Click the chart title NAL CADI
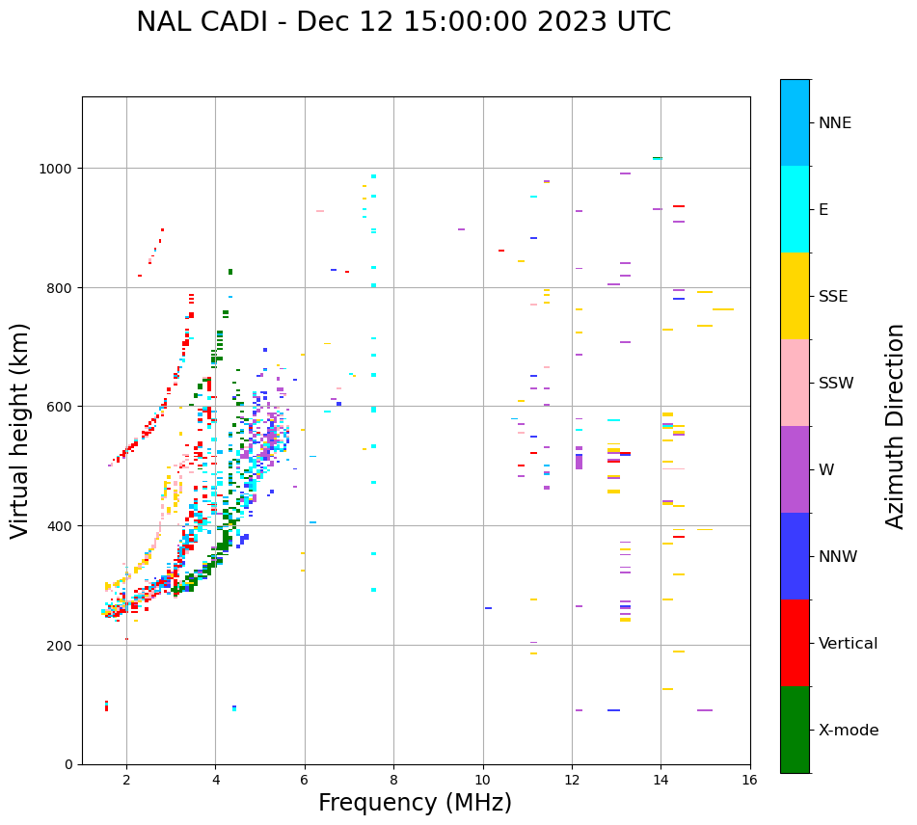coord(203,22)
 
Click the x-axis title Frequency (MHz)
coord(415,803)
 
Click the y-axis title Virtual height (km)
coord(20,430)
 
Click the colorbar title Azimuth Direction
coord(896,426)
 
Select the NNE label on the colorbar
coord(835,123)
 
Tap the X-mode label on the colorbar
coord(849,731)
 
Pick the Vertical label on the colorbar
coord(849,644)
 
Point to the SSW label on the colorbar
coord(836,384)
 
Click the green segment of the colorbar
coord(795,730)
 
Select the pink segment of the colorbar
coord(795,383)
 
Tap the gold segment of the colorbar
coord(795,296)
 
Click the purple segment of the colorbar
coord(795,469)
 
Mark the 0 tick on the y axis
coord(69,764)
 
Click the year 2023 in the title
coord(571,22)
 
